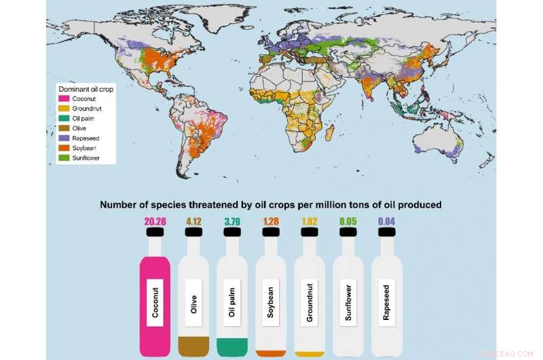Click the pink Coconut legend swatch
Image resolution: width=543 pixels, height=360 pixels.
(x=61, y=98)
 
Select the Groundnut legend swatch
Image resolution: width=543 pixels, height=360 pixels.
(x=61, y=109)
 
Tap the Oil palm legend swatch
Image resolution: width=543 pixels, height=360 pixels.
(x=61, y=118)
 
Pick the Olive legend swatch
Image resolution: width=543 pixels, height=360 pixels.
(x=61, y=128)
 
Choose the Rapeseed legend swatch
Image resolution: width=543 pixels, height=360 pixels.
(x=61, y=137)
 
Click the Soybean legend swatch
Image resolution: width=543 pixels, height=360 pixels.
(x=61, y=147)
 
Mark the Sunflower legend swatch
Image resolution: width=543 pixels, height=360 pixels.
(x=61, y=157)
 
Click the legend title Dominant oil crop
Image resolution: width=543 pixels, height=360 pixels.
(x=85, y=89)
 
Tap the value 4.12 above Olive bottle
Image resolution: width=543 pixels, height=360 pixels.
(x=193, y=221)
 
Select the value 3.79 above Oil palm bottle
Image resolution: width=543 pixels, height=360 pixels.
(x=232, y=221)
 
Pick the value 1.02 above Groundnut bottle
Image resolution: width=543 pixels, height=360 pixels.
(x=310, y=221)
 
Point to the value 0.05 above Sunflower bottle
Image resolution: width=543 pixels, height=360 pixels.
(x=349, y=221)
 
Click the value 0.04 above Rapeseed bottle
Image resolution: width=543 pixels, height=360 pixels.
(x=387, y=221)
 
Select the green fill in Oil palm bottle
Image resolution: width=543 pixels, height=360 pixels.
(x=232, y=346)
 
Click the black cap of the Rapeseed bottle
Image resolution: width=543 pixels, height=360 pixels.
(x=387, y=234)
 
